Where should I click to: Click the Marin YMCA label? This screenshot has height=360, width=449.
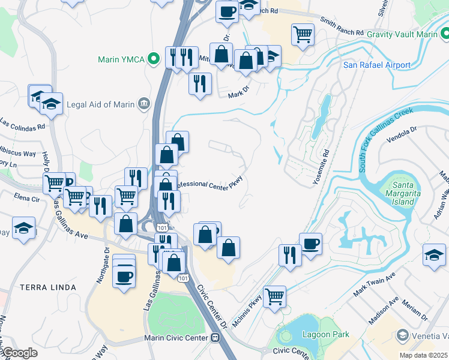(122, 59)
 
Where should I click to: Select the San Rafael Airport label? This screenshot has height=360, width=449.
(376, 65)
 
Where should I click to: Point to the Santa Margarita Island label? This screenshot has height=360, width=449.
(399, 193)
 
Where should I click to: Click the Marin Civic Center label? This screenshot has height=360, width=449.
(176, 338)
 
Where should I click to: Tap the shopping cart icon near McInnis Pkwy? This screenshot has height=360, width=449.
(274, 295)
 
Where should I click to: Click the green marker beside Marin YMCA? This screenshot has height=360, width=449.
(154, 59)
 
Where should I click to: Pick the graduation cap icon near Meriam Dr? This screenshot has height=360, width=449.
(434, 254)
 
